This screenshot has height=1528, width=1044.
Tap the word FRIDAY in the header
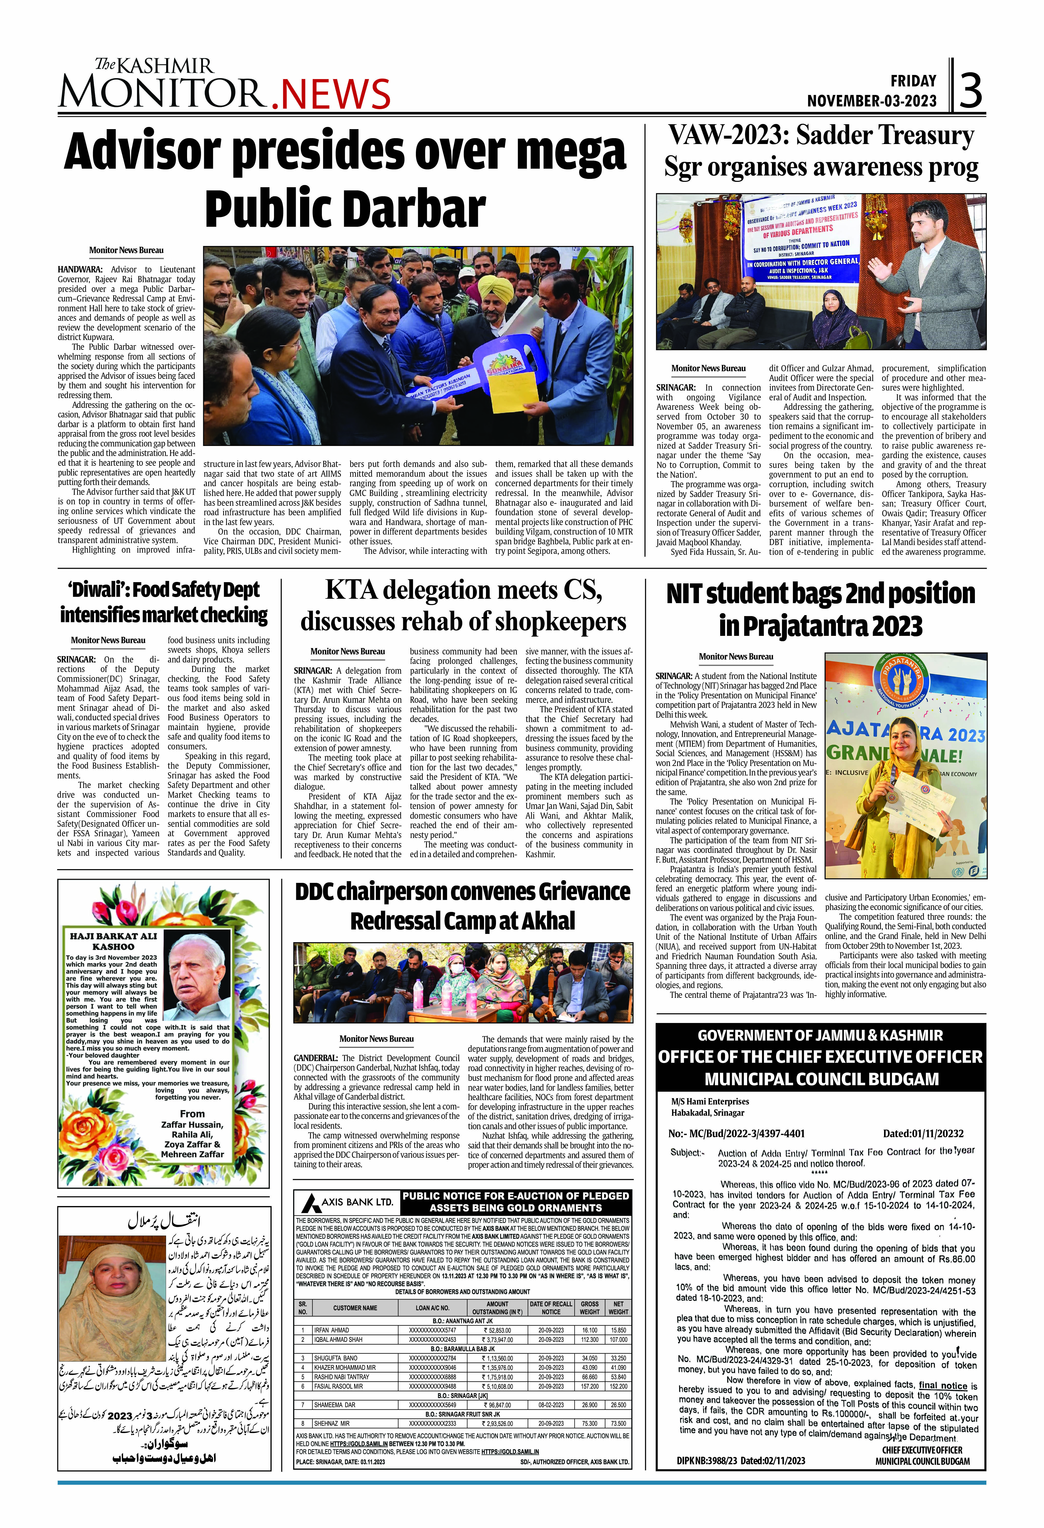click(913, 81)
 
